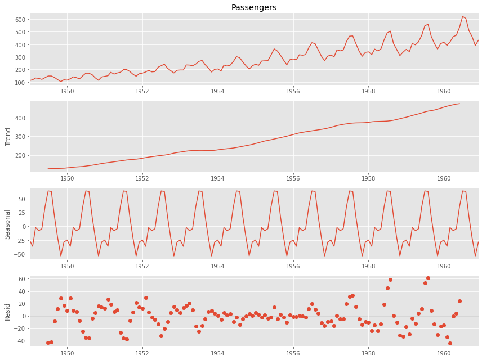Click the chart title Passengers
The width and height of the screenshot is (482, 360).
pos(254,7)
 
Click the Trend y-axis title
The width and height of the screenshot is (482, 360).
pos(8,136)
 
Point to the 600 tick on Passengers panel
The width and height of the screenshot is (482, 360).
pos(20,20)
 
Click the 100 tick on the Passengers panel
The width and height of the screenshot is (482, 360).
pos(20,83)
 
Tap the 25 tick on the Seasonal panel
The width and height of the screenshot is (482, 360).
pos(21,213)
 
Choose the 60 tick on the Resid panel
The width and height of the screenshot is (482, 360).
pos(23,279)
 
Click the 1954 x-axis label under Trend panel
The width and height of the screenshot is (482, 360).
pos(217,179)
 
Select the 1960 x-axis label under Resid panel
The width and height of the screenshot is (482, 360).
pos(444,354)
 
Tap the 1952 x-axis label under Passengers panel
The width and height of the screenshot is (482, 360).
pos(142,91)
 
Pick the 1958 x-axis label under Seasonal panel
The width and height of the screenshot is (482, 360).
pos(368,266)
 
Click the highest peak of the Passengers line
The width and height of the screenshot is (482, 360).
pos(462,16)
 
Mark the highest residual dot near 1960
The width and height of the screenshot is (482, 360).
pos(428,278)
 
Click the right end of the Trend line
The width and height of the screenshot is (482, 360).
pos(459,103)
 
